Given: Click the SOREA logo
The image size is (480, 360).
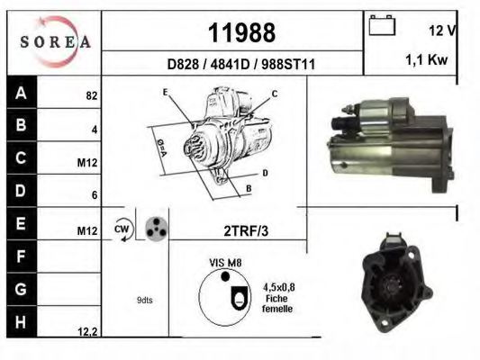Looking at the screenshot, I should tap(54, 40).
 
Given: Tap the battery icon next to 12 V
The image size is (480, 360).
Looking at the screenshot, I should tap(382, 26).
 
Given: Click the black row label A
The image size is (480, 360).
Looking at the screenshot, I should tap(20, 93).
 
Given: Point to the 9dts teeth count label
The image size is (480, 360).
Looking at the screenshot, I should tap(144, 300).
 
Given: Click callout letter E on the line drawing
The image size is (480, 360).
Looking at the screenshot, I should tap(166, 93).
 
